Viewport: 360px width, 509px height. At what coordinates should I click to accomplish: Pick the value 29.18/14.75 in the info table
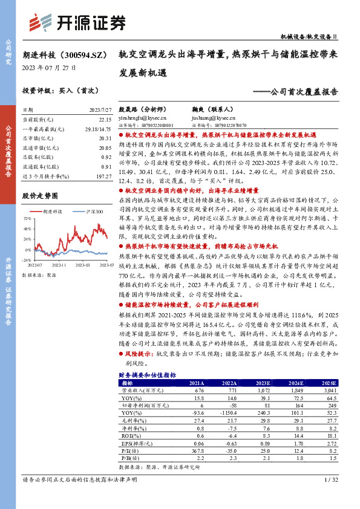coord(100,129)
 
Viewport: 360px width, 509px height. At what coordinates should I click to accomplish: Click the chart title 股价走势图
coord(40,196)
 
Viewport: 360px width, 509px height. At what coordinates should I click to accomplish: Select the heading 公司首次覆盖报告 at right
coord(303,92)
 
